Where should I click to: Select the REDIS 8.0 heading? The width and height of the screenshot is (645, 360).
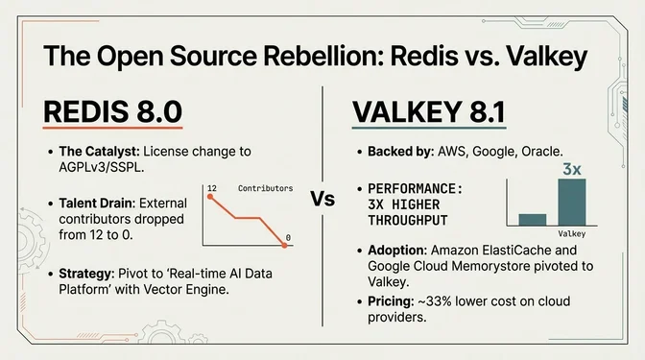111,112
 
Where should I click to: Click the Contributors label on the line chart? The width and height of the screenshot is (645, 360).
264,188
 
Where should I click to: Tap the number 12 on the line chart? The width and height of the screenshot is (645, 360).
211,188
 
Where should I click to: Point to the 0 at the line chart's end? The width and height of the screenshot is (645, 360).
287,237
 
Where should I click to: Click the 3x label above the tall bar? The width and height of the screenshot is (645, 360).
572,169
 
